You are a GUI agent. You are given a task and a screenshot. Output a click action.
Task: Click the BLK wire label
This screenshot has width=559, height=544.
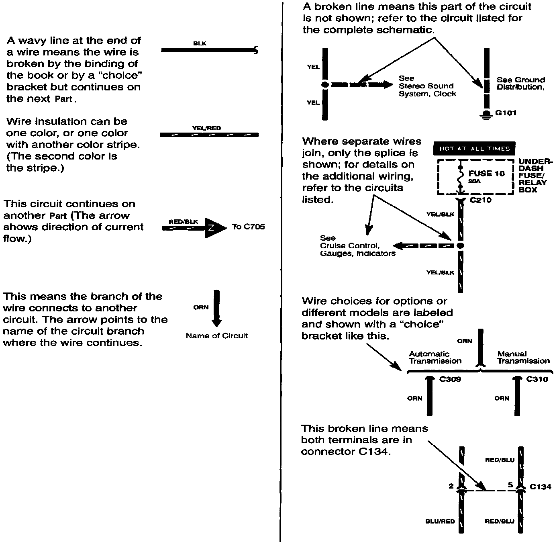pyautogui.click(x=200, y=43)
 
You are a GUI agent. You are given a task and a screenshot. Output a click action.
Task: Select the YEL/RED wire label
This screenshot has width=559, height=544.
pyautogui.click(x=206, y=129)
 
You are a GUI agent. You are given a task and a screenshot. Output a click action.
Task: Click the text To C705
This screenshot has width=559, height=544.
pyautogui.click(x=248, y=227)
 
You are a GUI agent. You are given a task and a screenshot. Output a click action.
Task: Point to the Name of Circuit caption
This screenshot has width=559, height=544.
pyautogui.click(x=216, y=336)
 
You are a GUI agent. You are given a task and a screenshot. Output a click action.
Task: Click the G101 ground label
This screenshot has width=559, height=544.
pyautogui.click(x=506, y=113)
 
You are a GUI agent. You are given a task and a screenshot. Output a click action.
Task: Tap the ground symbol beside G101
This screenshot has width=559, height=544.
pyautogui.click(x=486, y=115)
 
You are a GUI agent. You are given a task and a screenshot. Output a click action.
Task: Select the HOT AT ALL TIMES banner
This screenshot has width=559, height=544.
pyautogui.click(x=474, y=149)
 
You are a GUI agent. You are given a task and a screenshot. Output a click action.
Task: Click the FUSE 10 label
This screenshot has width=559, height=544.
pyautogui.click(x=486, y=174)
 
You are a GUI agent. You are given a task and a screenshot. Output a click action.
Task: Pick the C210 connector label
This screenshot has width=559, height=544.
pyautogui.click(x=480, y=200)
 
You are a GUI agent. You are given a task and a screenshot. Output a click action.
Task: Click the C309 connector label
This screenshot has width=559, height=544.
pyautogui.click(x=450, y=379)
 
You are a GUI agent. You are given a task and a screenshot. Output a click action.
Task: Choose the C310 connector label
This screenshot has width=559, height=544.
pyautogui.click(x=537, y=379)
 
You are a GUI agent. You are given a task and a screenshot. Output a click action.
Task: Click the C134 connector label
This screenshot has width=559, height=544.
pyautogui.click(x=541, y=487)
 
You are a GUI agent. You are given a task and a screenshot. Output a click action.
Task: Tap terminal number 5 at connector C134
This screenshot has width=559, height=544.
pyautogui.click(x=510, y=485)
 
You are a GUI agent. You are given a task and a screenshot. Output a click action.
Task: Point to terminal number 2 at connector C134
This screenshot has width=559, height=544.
pyautogui.click(x=451, y=486)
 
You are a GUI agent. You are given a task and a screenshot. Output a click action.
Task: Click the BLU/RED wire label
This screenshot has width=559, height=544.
pyautogui.click(x=440, y=522)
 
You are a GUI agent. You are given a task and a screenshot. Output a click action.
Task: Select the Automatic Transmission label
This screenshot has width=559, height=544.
pyautogui.click(x=435, y=358)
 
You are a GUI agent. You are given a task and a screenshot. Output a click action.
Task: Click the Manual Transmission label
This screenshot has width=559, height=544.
pyautogui.click(x=523, y=358)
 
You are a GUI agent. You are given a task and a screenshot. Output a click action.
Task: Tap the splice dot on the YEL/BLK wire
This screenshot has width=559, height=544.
pyautogui.click(x=461, y=245)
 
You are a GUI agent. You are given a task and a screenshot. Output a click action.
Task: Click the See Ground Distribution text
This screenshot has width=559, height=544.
pyautogui.click(x=520, y=84)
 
